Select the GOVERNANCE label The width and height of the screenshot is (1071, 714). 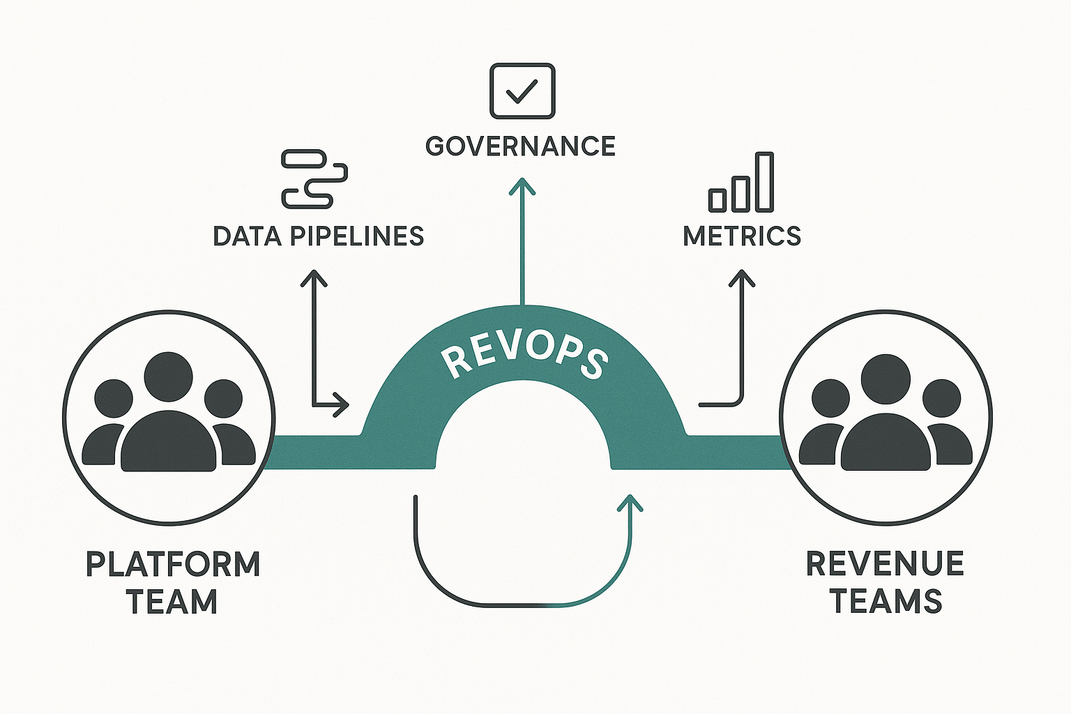point(520,146)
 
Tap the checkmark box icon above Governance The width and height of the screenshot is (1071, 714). point(522,91)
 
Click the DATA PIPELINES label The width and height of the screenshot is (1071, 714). point(319,236)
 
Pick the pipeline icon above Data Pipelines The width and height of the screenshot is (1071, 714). point(314,178)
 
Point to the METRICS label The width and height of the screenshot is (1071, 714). point(742,236)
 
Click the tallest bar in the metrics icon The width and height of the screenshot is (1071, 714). point(764,181)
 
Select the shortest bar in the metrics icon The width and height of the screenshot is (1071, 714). point(717,199)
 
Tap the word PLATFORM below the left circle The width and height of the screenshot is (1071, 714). point(173,564)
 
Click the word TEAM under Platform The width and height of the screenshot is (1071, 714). point(172,602)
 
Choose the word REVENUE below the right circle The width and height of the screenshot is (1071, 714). point(885,563)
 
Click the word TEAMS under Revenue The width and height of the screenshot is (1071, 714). point(886,601)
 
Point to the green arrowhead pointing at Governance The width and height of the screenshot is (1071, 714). point(522,186)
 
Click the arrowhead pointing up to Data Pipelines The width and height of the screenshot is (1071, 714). point(314,278)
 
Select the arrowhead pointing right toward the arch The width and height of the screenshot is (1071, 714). point(341,404)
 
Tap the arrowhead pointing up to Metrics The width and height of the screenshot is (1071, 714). point(742,278)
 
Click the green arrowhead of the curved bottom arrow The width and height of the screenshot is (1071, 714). point(631,502)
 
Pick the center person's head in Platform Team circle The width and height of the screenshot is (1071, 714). point(168,377)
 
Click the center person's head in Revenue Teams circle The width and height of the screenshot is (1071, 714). point(886,379)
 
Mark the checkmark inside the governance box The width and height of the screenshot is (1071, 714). point(522,91)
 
